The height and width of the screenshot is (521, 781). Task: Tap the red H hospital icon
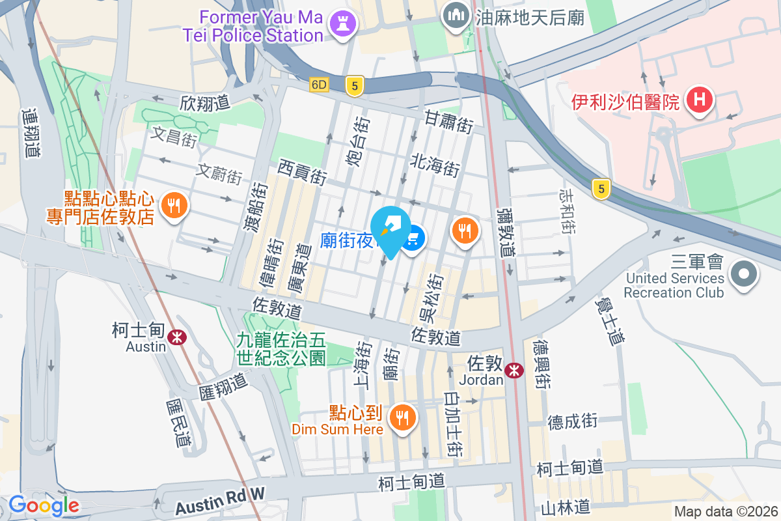pos(700,101)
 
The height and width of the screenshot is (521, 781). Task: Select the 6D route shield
pos(320,84)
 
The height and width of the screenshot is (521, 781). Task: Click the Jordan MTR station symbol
pos(515,371)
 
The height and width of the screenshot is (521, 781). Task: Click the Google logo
pos(44,505)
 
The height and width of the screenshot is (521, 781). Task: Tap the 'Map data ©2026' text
pos(725,511)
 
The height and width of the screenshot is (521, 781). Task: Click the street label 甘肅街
pos(448,122)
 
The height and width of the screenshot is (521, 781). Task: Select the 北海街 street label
pos(435,165)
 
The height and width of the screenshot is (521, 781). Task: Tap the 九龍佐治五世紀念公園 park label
pos(281,348)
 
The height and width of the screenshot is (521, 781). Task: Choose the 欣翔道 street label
pos(205,103)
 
